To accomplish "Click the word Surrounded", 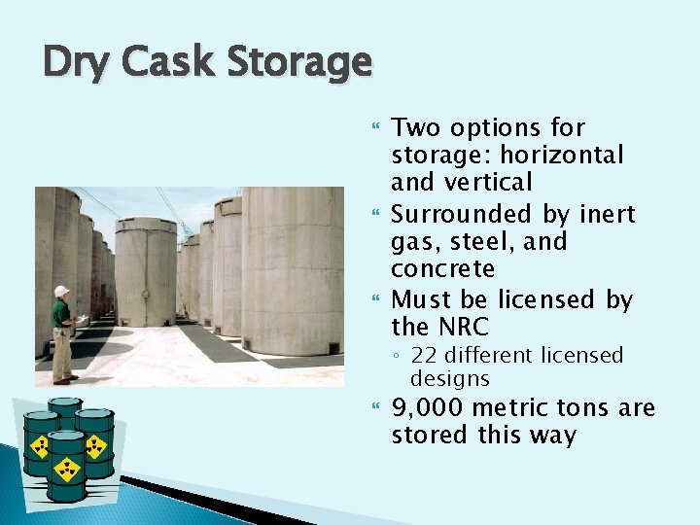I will tap(459, 214).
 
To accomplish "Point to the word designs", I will tap(449, 378).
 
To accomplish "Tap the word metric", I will tap(515, 408).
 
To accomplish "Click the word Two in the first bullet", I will tap(417, 127).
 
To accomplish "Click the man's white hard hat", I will tap(61, 292).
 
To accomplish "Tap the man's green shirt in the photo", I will tap(60, 315).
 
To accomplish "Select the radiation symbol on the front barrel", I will tap(67, 470).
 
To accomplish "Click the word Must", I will tap(423, 299).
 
